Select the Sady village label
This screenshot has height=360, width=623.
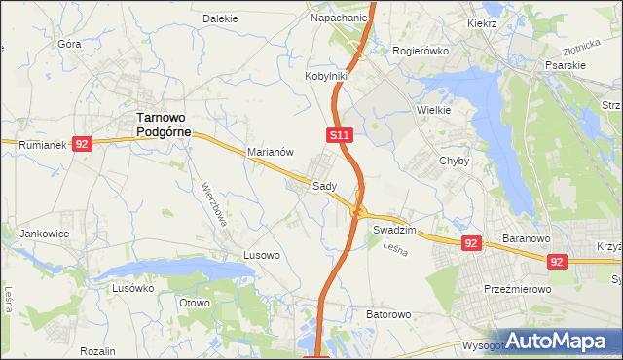click(325, 186)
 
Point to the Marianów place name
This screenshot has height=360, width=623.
click(271, 152)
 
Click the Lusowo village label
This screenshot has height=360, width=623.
click(261, 255)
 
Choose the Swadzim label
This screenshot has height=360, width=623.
click(394, 230)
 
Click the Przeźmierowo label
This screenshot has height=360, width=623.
click(518, 289)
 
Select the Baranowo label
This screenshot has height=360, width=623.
click(527, 236)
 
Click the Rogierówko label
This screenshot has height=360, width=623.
click(418, 51)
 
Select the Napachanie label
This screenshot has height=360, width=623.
click(339, 18)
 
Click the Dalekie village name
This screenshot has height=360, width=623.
click(220, 18)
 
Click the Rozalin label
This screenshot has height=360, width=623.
click(98, 350)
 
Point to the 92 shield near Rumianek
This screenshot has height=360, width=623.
click(82, 144)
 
